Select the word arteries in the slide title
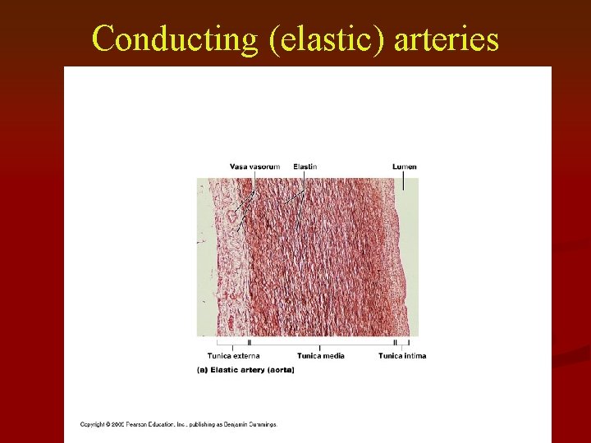click(x=447, y=39)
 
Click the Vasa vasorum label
click(x=254, y=167)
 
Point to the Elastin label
click(x=305, y=167)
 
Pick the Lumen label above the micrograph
click(x=404, y=167)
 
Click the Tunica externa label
click(x=233, y=355)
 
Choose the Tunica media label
click(x=320, y=355)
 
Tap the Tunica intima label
click(x=402, y=355)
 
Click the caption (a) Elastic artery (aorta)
click(x=245, y=370)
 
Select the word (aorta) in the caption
click(x=281, y=370)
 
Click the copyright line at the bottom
click(x=179, y=424)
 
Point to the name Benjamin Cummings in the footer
click(x=251, y=424)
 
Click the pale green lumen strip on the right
click(x=409, y=263)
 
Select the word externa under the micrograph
click(x=245, y=355)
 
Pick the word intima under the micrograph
click(x=414, y=355)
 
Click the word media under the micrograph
click(x=332, y=355)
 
